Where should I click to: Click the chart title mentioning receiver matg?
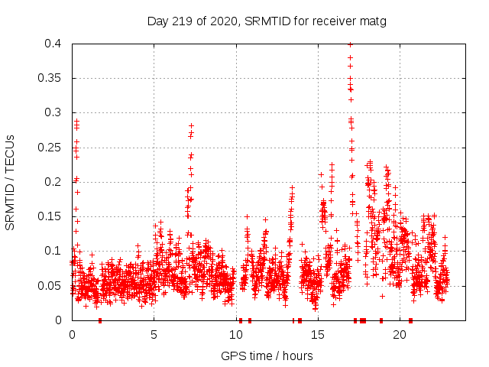[x=267, y=21]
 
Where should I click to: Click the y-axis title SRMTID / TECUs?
[x=10, y=182]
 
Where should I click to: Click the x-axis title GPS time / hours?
[x=267, y=356]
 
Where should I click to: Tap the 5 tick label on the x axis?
[x=154, y=334]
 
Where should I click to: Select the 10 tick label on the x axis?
[x=236, y=334]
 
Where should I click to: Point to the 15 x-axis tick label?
[x=318, y=334]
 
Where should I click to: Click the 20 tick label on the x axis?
[x=400, y=334]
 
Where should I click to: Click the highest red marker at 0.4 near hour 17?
[x=350, y=44]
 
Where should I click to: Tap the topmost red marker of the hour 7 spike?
[x=191, y=125]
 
